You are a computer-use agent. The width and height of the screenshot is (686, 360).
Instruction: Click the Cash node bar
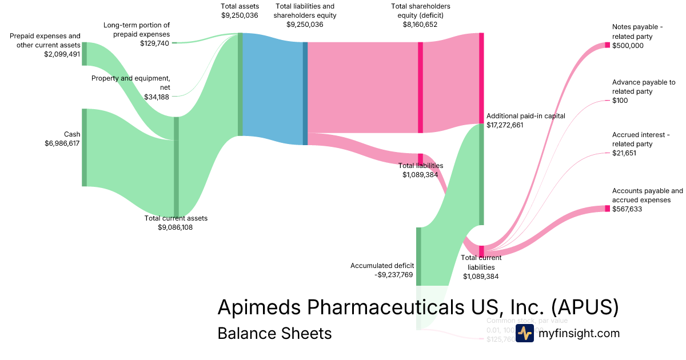[84, 147]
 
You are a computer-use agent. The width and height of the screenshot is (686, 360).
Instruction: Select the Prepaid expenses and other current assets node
[84, 54]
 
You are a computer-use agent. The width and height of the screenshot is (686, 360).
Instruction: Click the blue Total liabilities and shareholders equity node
[305, 93]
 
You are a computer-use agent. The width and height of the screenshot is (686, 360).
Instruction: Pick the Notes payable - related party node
[607, 45]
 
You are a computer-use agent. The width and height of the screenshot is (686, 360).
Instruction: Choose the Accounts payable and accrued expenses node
[607, 209]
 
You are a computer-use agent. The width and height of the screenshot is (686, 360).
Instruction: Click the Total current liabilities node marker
[481, 251]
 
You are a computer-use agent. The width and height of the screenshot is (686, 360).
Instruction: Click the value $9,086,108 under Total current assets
[176, 227]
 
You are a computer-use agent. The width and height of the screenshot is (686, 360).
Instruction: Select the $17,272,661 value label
[505, 125]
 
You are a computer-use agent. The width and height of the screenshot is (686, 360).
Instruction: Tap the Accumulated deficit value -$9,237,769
[389, 274]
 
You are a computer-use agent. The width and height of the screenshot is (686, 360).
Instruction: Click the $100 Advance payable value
[620, 101]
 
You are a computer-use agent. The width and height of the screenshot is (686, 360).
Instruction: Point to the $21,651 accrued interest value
[624, 153]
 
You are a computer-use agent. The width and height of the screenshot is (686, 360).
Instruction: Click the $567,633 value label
[627, 209]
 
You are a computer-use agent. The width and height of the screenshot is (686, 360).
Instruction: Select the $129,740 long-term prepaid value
[154, 43]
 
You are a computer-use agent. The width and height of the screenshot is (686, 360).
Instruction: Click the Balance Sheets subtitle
[274, 333]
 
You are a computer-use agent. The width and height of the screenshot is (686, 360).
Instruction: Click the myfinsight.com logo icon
[524, 333]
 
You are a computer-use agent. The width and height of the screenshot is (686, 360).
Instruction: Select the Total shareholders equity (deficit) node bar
[420, 87]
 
